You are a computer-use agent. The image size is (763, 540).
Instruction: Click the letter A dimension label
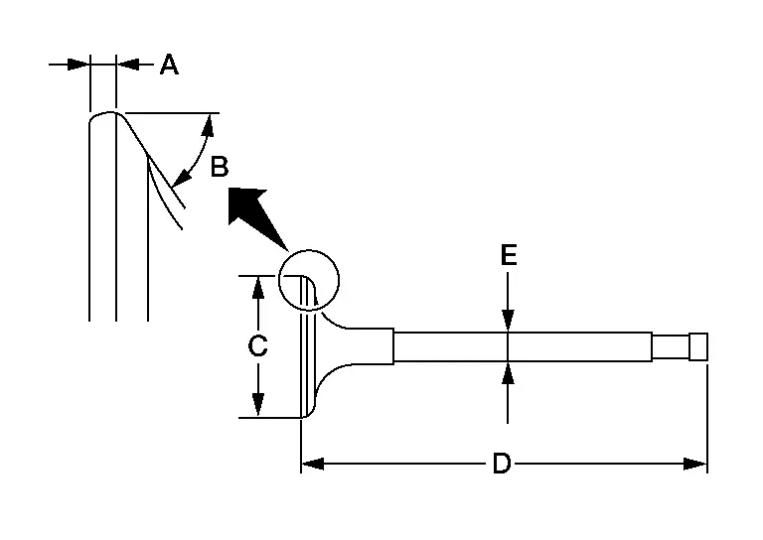[x=169, y=65]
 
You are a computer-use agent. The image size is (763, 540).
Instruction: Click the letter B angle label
[x=220, y=167]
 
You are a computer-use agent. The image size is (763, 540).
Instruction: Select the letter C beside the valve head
[x=257, y=346]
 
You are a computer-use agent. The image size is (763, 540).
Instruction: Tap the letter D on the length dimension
[x=501, y=464]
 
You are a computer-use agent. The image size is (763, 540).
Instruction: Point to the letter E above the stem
[x=509, y=255]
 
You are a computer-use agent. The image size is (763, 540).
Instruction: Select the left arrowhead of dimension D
[x=312, y=464]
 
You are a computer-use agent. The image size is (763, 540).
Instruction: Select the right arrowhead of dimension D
[x=694, y=464]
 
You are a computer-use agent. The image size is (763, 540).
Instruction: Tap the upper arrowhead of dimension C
[x=258, y=287]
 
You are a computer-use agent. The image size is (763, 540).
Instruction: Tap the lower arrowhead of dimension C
[x=258, y=405]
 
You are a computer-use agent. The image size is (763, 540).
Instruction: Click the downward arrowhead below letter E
[x=508, y=321]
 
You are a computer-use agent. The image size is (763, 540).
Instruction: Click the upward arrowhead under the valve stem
[x=508, y=373]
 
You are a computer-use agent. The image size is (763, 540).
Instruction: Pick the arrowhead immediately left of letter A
[x=128, y=64]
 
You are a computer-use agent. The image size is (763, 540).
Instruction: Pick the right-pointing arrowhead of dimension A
[x=78, y=64]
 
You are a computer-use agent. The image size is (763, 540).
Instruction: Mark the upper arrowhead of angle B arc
[x=209, y=124]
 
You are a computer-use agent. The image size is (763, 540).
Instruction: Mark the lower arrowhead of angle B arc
[x=181, y=180]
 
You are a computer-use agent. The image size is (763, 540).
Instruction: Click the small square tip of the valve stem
[x=698, y=346]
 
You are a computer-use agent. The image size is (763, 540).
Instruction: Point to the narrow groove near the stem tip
[x=671, y=346]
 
